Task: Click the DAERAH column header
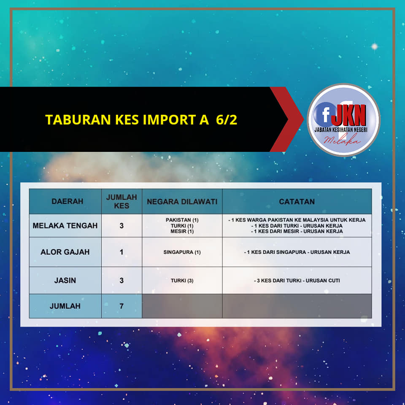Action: pos(67,201)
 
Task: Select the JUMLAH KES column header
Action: pos(121,202)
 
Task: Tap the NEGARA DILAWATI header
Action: pos(182,202)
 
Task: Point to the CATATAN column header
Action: pos(297,202)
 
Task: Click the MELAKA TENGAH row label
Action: pos(65,226)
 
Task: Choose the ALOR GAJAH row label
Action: pos(65,252)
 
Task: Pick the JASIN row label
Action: pos(65,280)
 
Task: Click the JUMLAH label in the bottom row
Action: pos(65,306)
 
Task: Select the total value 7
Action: pos(121,306)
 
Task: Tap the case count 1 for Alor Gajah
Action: pos(121,252)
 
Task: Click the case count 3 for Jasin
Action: pos(121,280)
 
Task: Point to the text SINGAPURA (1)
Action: pos(182,252)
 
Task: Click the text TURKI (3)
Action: pos(182,281)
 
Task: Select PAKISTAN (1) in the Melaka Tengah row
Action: pos(182,220)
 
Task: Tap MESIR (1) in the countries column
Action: pos(182,231)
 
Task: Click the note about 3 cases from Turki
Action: pos(297,281)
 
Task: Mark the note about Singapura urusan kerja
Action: pos(297,252)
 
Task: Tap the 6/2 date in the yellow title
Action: pos(227,120)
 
